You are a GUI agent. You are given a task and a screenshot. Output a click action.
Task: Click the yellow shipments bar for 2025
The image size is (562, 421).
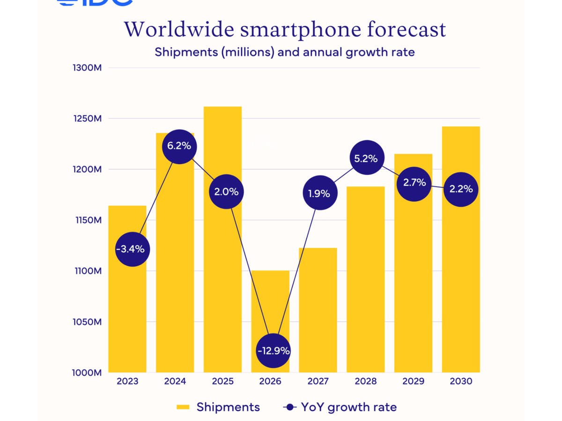pyautogui.click(x=222, y=281)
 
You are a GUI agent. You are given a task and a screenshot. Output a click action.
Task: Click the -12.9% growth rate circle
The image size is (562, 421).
pyautogui.click(x=273, y=350)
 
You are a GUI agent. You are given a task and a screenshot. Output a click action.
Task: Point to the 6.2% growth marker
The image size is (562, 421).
pyautogui.click(x=179, y=146)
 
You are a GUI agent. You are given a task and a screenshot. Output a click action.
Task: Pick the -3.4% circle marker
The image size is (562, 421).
pyautogui.click(x=133, y=249)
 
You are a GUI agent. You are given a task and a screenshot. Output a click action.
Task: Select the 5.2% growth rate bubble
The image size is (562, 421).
pyautogui.click(x=366, y=158)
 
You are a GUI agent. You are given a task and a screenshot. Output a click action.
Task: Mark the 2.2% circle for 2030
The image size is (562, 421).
pyautogui.click(x=461, y=189)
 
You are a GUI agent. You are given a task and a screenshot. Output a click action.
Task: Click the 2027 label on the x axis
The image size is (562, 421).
pyautogui.click(x=318, y=381)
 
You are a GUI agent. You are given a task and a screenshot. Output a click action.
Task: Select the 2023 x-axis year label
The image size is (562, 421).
pyautogui.click(x=128, y=381)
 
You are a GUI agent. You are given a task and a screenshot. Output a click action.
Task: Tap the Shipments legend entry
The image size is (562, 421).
pyautogui.click(x=218, y=407)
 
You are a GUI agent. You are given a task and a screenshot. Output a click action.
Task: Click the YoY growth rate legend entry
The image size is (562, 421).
pyautogui.click(x=340, y=407)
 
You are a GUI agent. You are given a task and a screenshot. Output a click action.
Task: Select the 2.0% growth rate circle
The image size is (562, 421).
pyautogui.click(x=226, y=191)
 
